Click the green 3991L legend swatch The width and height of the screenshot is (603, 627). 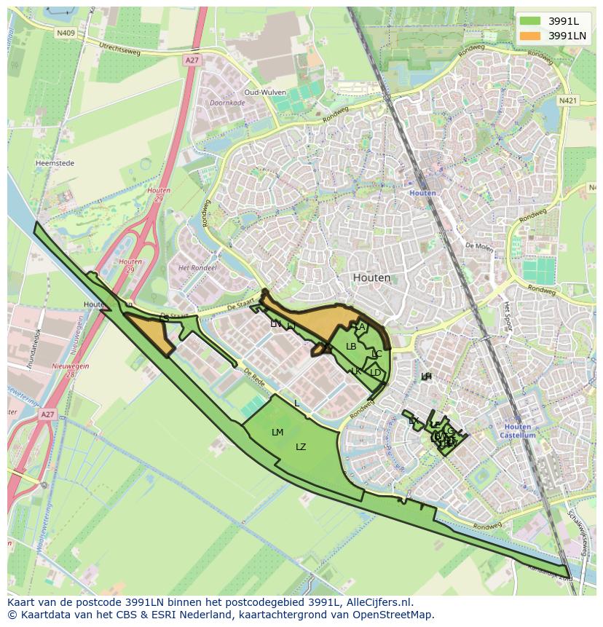click(x=529, y=21)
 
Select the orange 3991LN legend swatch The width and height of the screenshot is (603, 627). click(x=529, y=36)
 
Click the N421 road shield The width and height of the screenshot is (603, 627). click(x=568, y=100)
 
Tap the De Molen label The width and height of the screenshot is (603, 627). click(x=478, y=246)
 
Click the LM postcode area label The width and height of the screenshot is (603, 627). click(x=277, y=433)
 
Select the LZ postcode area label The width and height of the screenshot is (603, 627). click(x=301, y=447)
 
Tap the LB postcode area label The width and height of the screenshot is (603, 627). click(x=351, y=347)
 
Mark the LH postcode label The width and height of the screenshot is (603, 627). click(x=426, y=376)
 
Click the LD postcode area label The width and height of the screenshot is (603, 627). click(x=375, y=372)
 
